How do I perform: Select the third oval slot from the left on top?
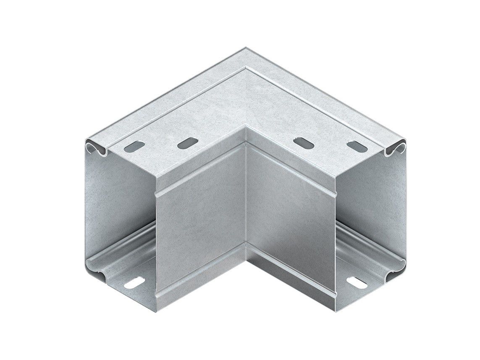303,143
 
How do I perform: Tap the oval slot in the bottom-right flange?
357,282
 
